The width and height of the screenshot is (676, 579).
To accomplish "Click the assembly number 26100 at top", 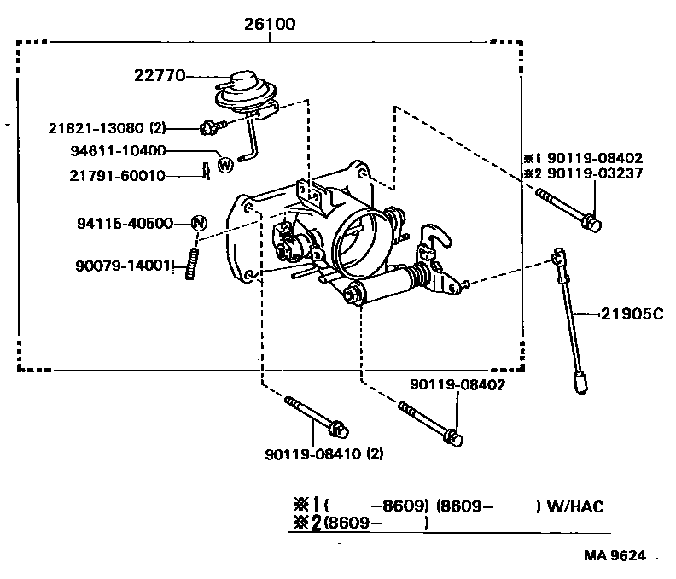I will (x=271, y=25).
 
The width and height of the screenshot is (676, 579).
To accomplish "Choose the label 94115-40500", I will (x=125, y=223).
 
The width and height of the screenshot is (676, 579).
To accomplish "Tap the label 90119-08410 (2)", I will (x=323, y=454).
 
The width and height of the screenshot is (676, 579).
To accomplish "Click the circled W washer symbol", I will (x=225, y=164).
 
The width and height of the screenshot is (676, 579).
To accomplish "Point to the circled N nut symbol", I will (x=198, y=223).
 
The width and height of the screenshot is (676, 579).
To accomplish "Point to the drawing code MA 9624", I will (x=616, y=555).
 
